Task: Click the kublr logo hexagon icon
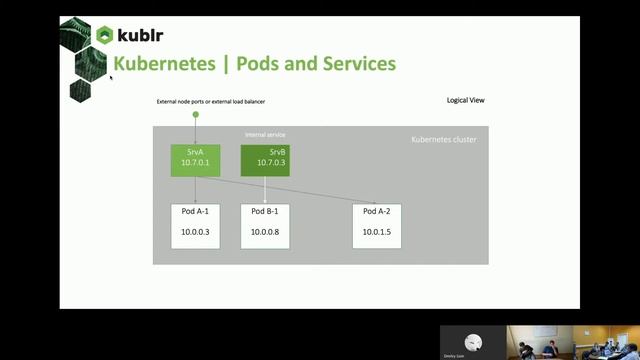point(105,35)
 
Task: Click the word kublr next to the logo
point(141,36)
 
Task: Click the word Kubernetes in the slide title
point(164,64)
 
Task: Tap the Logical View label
point(466,100)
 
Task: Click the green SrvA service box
point(195,160)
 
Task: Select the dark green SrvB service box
point(265,160)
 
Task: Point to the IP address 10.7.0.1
point(195,163)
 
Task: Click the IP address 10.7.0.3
point(265,163)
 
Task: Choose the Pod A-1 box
point(195,226)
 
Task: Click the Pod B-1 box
point(265,226)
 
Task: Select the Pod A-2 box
point(377,226)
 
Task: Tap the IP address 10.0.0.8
point(265,232)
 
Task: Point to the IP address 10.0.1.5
point(377,232)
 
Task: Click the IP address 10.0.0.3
point(195,232)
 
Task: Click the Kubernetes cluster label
point(444,140)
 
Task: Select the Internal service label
point(265,135)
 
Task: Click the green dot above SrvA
point(195,115)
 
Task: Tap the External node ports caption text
point(210,102)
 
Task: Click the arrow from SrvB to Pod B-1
point(265,190)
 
